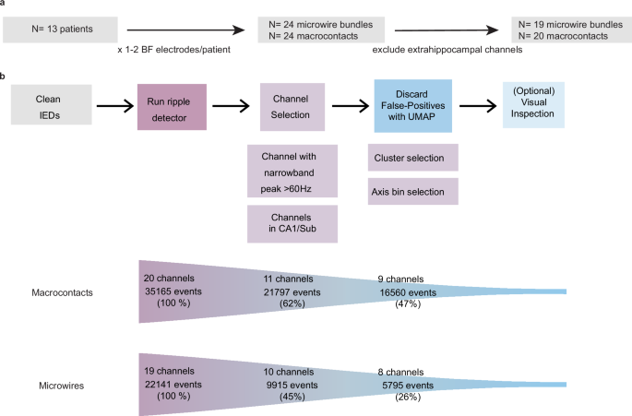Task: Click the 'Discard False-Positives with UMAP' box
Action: coord(411,103)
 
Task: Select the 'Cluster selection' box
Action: coord(411,158)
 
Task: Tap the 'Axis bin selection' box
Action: coord(411,190)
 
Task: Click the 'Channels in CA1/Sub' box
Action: coord(292,222)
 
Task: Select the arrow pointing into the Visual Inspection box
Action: coord(480,104)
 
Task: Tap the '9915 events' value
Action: coord(292,384)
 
